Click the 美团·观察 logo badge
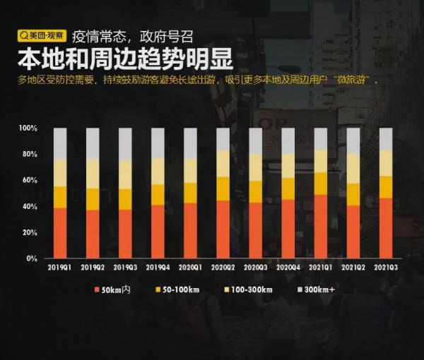point(42,35)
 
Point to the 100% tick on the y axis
point(28,128)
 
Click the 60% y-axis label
point(29,181)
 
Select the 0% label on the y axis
point(32,258)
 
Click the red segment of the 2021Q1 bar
point(320,226)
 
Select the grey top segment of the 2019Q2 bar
point(93,143)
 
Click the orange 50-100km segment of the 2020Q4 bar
point(288,188)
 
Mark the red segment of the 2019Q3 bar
point(125,233)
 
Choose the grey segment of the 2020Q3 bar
point(255,140)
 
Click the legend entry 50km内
point(113,289)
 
